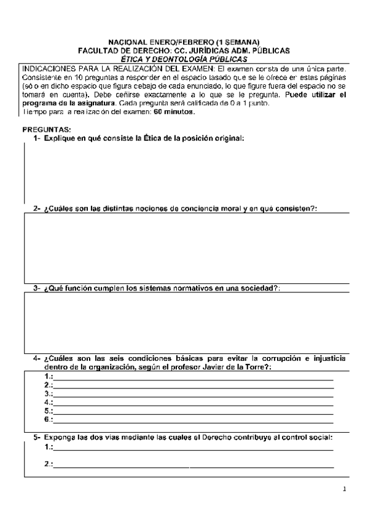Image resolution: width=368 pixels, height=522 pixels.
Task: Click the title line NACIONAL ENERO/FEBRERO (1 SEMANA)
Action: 184,42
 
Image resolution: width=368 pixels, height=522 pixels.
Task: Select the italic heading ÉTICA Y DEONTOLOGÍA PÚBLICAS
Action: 184,58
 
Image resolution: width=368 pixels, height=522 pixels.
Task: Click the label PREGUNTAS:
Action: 46,130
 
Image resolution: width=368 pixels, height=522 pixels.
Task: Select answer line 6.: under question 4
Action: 194,419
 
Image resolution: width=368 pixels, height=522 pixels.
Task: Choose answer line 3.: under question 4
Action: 194,393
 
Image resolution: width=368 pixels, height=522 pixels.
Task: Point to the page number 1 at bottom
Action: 345,491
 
